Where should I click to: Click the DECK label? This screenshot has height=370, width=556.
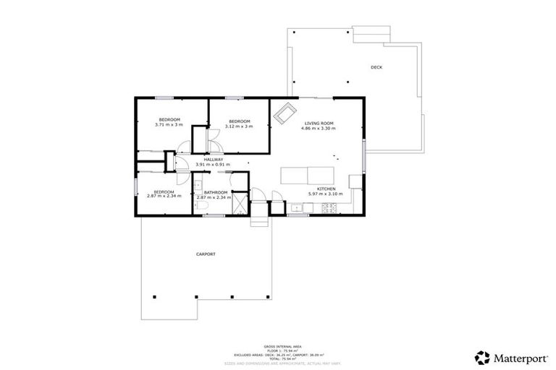tap(376, 67)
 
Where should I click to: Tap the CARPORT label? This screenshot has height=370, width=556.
tap(206, 255)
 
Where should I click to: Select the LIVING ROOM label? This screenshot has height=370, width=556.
tap(319, 124)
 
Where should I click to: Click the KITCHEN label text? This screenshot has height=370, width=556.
tap(325, 189)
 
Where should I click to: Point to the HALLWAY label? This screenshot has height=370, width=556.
tap(213, 159)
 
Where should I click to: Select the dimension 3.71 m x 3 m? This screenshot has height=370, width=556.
tap(169, 125)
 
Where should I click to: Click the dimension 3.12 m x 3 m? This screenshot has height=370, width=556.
tap(239, 126)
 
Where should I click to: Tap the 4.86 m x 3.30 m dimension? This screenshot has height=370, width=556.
tap(319, 129)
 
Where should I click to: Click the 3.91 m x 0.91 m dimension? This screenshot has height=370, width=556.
tap(213, 164)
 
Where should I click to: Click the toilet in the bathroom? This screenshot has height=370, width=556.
tap(204, 208)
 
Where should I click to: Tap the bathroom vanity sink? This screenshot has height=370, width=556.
tap(198, 186)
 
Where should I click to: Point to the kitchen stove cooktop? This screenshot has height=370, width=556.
tap(329, 209)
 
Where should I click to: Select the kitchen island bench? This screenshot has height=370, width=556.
tap(308, 175)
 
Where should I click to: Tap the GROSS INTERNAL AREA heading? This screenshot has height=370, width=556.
tap(278, 347)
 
